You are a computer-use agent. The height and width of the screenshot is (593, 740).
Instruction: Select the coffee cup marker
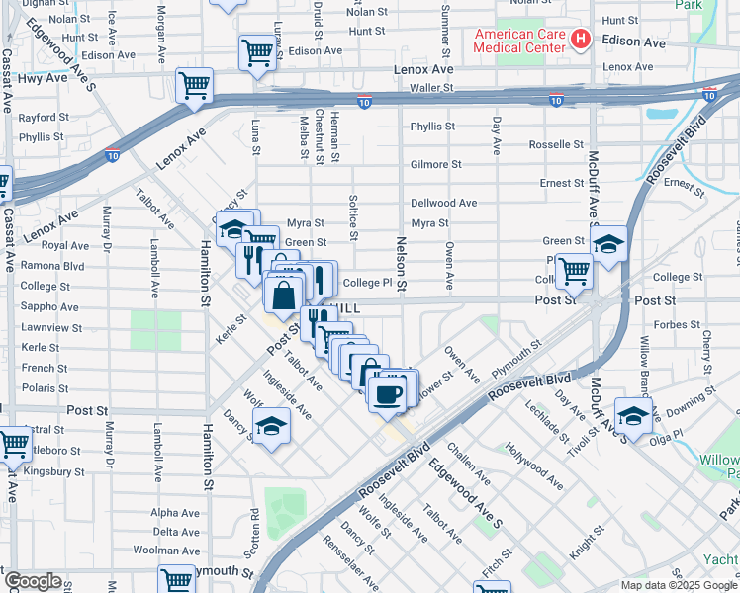387,393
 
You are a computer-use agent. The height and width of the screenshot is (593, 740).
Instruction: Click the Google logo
32,581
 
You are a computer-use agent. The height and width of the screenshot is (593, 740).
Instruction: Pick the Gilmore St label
436,164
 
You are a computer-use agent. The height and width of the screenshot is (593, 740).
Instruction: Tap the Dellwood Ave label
444,203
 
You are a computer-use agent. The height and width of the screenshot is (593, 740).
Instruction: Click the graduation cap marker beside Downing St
632,415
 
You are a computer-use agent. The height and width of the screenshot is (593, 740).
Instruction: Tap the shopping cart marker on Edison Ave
257,52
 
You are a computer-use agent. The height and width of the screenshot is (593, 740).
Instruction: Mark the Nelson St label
402,263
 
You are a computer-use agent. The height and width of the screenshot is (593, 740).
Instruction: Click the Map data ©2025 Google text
679,585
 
